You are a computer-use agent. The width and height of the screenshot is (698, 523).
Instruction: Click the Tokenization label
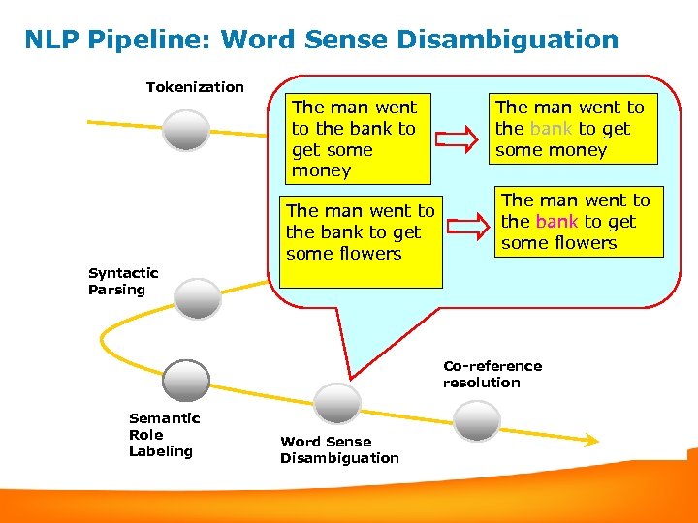[x=195, y=87]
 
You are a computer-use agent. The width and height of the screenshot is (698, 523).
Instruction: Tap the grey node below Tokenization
[x=186, y=129]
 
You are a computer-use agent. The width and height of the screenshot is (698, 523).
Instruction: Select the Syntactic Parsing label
[x=123, y=281]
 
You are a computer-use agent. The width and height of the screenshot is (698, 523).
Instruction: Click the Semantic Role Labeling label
[x=164, y=434]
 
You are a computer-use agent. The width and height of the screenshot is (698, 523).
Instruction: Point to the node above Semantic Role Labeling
[x=186, y=379]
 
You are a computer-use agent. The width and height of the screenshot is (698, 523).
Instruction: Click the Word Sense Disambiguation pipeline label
[x=339, y=449]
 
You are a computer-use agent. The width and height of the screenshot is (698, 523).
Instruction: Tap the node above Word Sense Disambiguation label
[x=338, y=402]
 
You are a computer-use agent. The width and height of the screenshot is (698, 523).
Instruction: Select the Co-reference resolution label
[x=492, y=374]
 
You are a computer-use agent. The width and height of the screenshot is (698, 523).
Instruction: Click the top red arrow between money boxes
[x=458, y=138]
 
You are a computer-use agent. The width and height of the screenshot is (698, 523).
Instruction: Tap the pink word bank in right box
[x=555, y=222]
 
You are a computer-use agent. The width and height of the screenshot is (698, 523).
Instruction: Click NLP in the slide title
[x=51, y=40]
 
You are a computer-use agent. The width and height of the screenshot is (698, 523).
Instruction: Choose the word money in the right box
[x=579, y=150]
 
